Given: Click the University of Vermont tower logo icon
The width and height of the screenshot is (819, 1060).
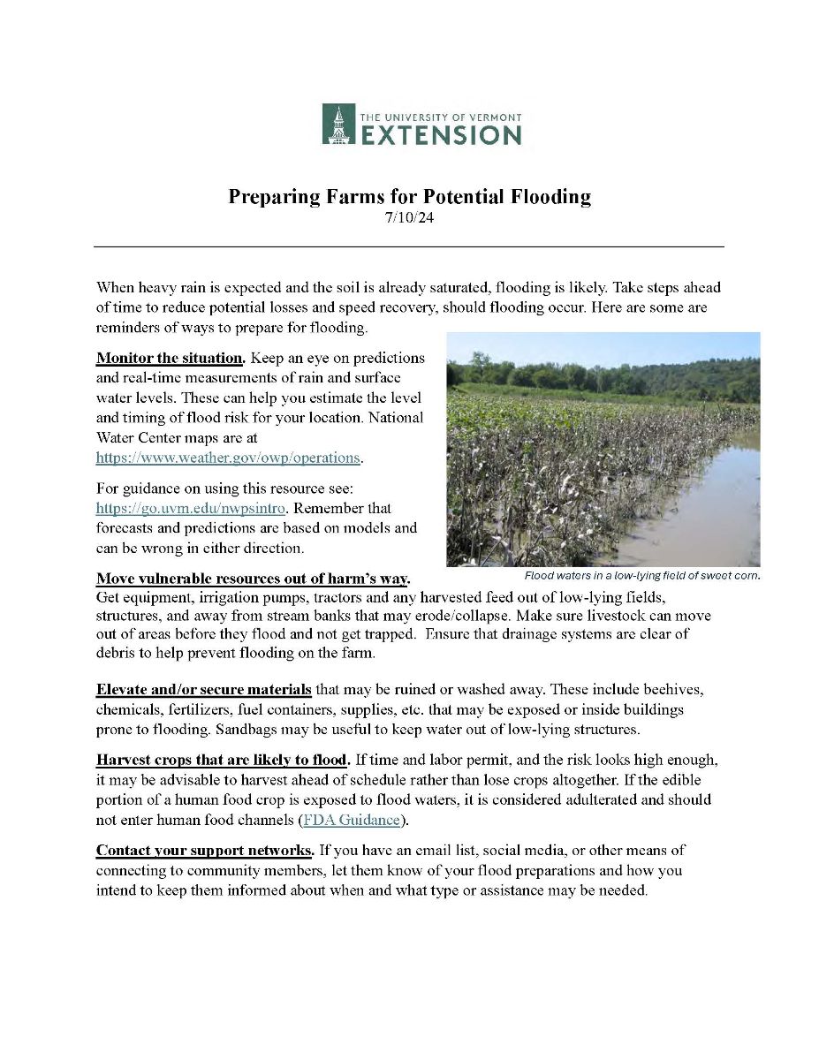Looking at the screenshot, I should [337, 124].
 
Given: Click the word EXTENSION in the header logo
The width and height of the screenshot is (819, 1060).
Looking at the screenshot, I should [440, 134].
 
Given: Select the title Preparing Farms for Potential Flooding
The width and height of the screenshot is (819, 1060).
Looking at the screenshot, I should [409, 196].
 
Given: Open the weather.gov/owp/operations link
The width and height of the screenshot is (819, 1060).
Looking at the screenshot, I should [229, 458].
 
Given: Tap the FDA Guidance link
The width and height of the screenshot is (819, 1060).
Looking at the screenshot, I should [353, 820].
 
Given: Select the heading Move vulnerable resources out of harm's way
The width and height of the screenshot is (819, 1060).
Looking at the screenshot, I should [253, 579].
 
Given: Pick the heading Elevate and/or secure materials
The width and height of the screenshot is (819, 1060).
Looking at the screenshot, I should [203, 689].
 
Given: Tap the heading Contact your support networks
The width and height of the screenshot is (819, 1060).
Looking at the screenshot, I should [204, 851].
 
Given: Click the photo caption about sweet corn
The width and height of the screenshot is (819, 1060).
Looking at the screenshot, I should [641, 576].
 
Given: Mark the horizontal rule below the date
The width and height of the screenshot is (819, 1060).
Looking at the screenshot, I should [409, 246].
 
